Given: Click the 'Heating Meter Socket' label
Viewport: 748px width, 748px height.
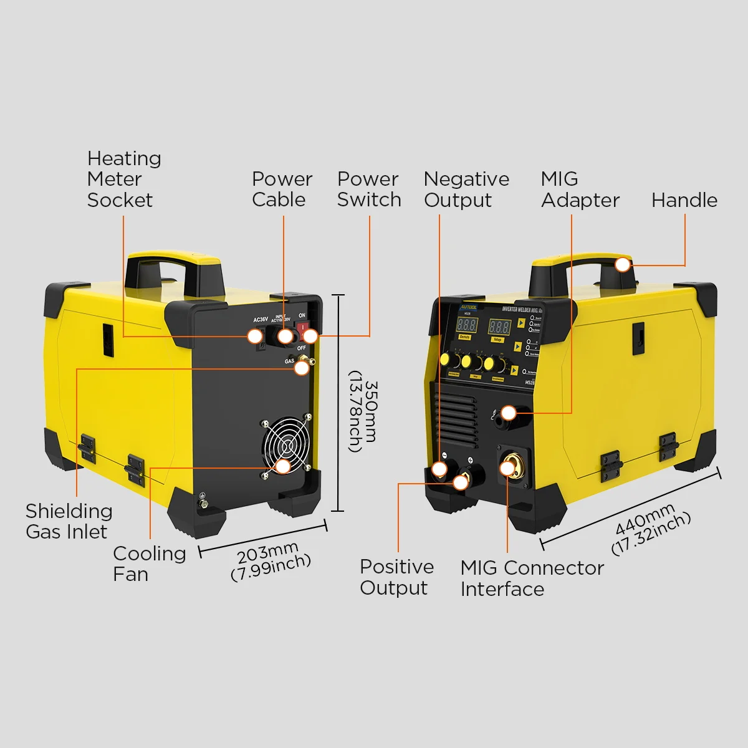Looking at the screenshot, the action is tap(124, 179).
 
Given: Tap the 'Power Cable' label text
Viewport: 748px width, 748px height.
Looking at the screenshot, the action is tap(282, 189).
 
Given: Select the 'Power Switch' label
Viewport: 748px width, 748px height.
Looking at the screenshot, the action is tap(369, 189).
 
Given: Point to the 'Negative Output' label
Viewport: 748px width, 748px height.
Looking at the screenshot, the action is tap(466, 189).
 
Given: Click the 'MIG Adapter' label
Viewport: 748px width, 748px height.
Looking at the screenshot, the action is tap(580, 189).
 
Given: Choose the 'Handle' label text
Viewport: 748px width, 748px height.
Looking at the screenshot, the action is tap(684, 200).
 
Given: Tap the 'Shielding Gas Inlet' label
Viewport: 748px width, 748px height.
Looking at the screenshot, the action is tap(69, 521).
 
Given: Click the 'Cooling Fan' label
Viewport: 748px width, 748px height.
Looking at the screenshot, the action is tap(149, 563).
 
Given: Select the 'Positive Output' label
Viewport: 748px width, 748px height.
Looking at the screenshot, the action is tap(396, 577).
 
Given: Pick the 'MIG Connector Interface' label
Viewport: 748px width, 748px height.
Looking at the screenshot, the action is tap(532, 578).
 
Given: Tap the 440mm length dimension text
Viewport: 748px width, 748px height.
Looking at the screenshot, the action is tap(651, 530).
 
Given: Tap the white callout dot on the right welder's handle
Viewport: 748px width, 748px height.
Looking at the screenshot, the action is tap(622, 265).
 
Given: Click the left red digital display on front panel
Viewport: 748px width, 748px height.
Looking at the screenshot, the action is tap(466, 325).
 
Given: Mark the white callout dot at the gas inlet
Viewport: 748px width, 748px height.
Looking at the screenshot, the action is tap(302, 368).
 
